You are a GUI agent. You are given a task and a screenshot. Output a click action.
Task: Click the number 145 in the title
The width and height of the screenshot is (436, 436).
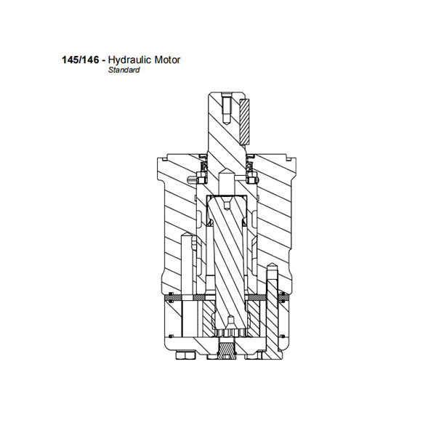pyautogui.click(x=70, y=60)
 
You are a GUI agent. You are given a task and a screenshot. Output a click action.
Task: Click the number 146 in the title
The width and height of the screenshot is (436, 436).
pyautogui.click(x=90, y=60)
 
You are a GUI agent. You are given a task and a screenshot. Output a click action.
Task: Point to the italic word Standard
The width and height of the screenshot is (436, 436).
pyautogui.click(x=124, y=70)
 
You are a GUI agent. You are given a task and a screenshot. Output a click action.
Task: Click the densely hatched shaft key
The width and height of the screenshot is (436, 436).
pyautogui.click(x=244, y=121)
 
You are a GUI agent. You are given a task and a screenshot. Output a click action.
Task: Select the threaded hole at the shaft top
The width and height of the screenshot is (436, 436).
pyautogui.click(x=227, y=108)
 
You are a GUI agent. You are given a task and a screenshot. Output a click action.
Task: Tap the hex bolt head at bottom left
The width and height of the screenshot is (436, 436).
pyautogui.click(x=185, y=355)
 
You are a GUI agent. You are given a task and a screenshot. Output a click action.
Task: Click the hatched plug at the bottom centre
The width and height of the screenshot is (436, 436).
pyautogui.click(x=227, y=351)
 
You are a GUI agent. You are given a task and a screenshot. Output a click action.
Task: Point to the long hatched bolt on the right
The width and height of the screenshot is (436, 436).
pyautogui.click(x=272, y=311)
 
